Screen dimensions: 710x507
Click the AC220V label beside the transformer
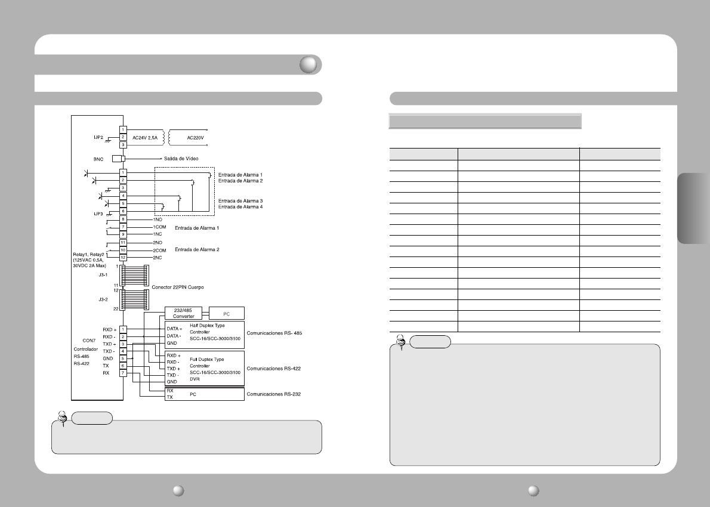tap(196, 137)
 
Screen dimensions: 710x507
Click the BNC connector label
tap(99, 159)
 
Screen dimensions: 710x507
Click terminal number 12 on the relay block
tap(123, 256)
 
